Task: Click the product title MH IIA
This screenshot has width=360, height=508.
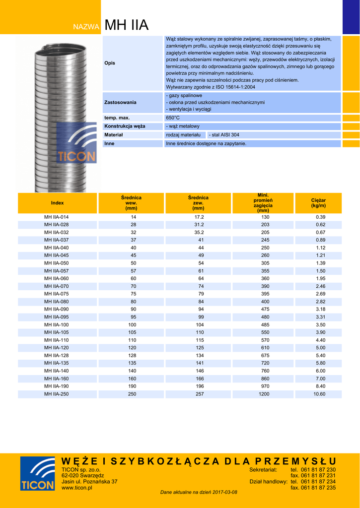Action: click(x=127, y=25)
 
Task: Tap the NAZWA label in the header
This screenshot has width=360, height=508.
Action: click(x=86, y=27)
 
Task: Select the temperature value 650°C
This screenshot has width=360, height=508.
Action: click(x=173, y=118)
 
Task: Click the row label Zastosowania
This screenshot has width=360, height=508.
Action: click(x=120, y=102)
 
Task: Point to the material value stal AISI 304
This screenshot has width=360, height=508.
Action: click(x=225, y=135)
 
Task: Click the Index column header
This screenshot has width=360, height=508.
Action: click(x=58, y=202)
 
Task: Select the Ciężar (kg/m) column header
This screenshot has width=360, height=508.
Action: click(x=318, y=202)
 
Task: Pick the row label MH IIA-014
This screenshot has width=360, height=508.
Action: click(x=57, y=217)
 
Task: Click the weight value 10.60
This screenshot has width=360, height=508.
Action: click(x=319, y=394)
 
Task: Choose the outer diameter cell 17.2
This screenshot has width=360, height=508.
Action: click(x=199, y=217)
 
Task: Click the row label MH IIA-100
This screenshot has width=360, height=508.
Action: click(x=57, y=324)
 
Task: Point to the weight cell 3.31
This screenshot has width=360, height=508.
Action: click(x=320, y=317)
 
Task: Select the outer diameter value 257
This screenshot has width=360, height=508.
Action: click(x=199, y=394)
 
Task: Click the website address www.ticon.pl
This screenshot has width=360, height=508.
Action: click(x=76, y=488)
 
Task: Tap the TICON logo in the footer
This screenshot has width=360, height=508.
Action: click(x=37, y=474)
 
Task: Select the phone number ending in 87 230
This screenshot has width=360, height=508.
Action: click(x=313, y=469)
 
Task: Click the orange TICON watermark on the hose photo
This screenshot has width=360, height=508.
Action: click(x=77, y=156)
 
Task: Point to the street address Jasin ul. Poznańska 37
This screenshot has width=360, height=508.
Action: click(x=89, y=482)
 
